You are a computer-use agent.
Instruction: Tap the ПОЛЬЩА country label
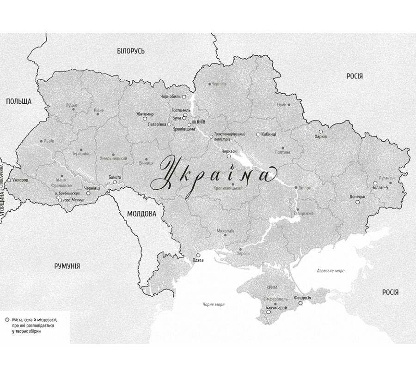[x=18, y=101]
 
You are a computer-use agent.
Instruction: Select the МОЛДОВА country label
[x=141, y=214]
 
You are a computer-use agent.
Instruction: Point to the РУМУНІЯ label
[x=67, y=266]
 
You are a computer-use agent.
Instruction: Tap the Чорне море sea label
[x=213, y=304]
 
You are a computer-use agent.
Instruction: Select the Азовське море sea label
[x=330, y=271]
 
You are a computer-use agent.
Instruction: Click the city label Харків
[x=321, y=137]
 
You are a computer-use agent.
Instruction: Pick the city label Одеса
[x=198, y=260]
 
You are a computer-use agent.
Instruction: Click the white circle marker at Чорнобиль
[x=184, y=97]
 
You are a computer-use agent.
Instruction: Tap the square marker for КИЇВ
[x=194, y=122]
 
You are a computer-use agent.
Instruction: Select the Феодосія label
[x=303, y=298]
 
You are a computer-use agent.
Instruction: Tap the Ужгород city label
[x=20, y=180]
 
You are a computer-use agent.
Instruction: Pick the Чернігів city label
[x=218, y=84]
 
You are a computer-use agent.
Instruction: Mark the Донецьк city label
[x=357, y=196]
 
